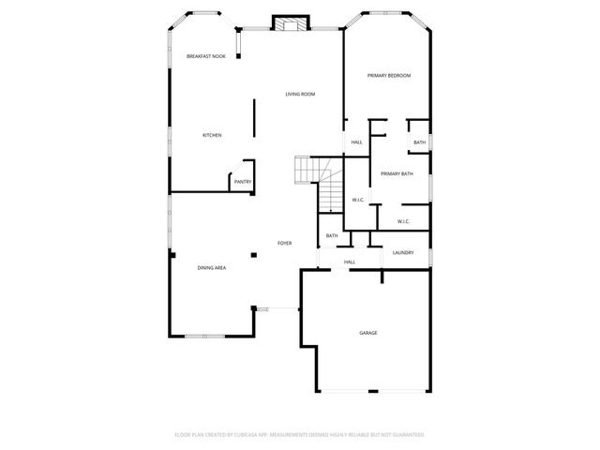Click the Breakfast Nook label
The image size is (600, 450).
(206, 56)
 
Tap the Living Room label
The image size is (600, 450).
(300, 94)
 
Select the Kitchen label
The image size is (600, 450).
(212, 136)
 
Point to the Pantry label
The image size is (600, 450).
(242, 182)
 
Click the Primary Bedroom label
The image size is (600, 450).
(389, 75)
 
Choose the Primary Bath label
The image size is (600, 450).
(397, 173)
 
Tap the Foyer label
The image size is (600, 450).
(284, 244)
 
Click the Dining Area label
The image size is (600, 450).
(211, 268)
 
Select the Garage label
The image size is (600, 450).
(368, 333)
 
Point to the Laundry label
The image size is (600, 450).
(403, 252)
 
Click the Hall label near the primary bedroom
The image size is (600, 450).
(356, 142)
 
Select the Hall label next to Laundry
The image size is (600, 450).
(350, 262)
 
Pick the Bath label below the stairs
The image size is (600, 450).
(332, 235)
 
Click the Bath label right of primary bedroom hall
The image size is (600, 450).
(419, 142)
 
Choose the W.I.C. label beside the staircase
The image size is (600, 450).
(358, 200)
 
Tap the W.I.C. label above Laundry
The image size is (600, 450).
(403, 221)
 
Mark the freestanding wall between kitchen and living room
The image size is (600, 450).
(254, 118)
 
